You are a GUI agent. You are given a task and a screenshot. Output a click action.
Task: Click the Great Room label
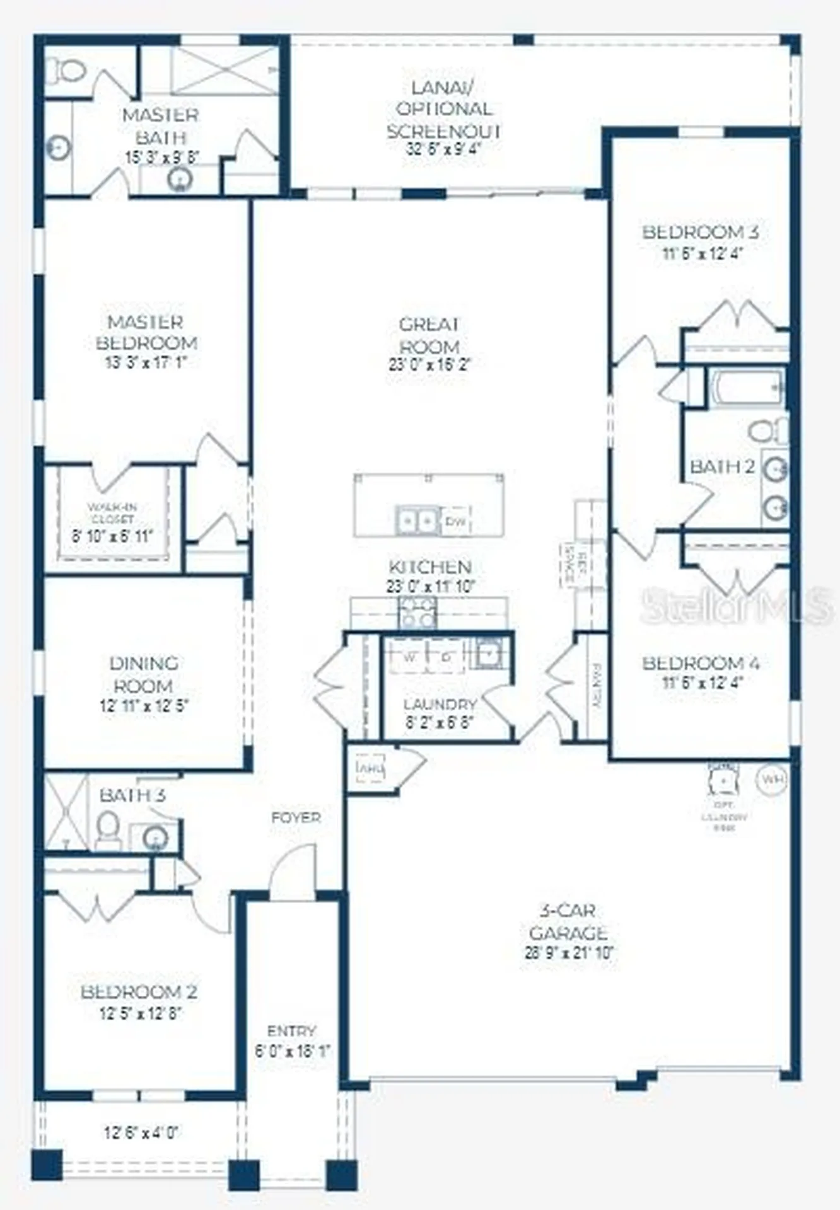coord(429,335)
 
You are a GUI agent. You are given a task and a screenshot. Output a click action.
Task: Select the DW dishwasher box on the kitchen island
coord(455,522)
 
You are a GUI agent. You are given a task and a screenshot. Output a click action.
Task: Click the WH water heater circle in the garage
coord(772,779)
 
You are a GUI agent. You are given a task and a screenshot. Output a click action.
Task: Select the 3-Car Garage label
coord(568,921)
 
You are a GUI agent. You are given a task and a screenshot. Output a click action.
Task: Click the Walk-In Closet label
coord(112,513)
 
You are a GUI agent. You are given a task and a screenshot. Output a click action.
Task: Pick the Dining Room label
coord(144,674)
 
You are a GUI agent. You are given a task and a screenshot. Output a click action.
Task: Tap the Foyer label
coord(296,818)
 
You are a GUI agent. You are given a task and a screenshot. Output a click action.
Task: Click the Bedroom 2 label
coord(139,992)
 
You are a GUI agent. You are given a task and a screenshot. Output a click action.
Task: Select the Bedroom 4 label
coord(701,663)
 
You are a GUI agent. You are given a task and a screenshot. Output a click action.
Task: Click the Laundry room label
coord(440,704)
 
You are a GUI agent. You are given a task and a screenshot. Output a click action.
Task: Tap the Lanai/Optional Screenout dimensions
coord(444,149)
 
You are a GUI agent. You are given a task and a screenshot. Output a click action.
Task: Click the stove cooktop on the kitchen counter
coord(417,612)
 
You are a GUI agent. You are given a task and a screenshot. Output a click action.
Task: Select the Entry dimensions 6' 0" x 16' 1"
coord(292,1051)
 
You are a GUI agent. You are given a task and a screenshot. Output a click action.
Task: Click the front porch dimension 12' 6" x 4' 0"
coord(141,1133)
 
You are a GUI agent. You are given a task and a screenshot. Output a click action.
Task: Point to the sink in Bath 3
coord(155,838)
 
